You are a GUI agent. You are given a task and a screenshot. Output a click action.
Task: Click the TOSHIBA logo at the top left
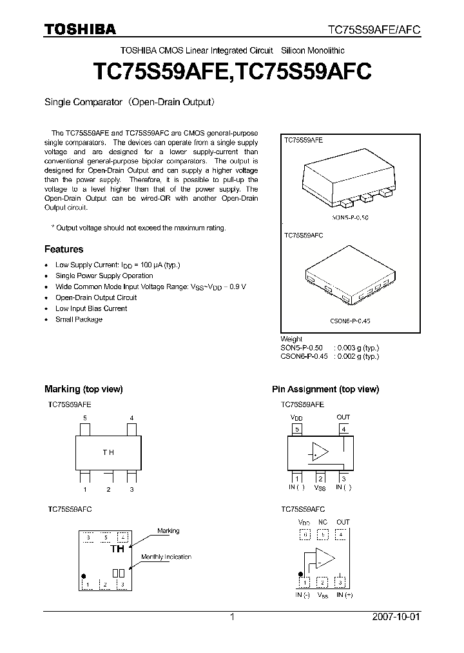pos(80,29)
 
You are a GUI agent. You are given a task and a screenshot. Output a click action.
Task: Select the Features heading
pos(63,249)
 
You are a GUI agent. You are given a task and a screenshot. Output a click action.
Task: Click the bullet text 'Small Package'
pos(79,319)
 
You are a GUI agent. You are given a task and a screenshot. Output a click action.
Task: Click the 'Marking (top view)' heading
pos(83,389)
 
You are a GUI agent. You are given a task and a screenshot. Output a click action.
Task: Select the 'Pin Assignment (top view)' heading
pos(325,389)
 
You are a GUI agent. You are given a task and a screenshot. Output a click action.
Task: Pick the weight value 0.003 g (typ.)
pos(356,347)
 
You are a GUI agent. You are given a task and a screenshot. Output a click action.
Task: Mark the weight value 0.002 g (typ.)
pos(356,356)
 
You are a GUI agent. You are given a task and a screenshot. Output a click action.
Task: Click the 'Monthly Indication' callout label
pos(166,557)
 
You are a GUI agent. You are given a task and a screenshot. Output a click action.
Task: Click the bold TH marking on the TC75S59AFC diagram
pos(117,549)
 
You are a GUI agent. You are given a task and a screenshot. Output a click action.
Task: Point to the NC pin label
pos(322,522)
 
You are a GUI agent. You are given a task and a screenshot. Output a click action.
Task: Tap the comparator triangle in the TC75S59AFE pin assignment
pos(320,451)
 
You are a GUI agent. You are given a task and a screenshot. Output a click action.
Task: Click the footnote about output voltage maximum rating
pos(138,228)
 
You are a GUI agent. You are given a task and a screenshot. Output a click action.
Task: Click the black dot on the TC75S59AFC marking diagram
pos(83,576)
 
